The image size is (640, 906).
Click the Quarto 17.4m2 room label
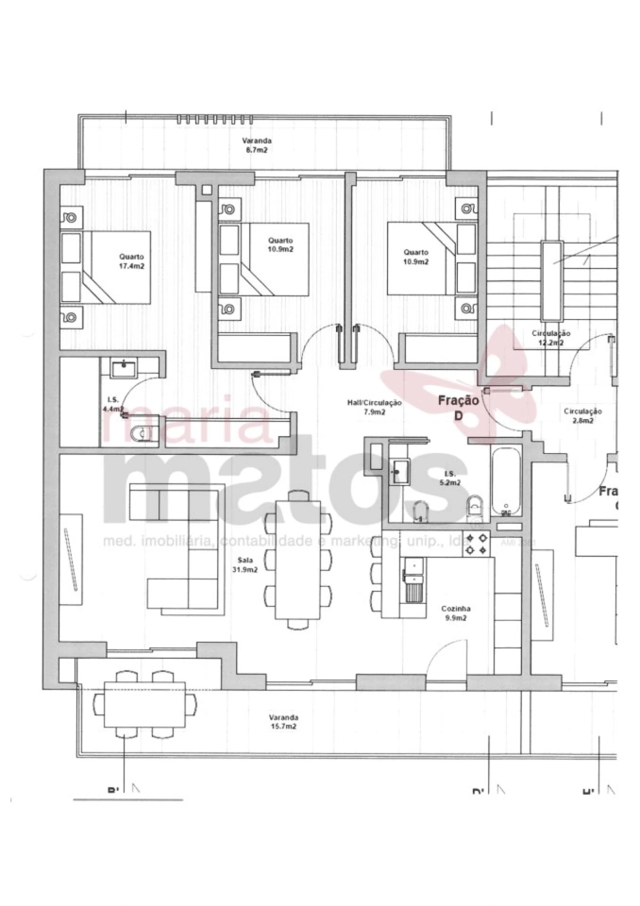point(131,261)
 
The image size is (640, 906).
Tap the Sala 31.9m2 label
point(245,565)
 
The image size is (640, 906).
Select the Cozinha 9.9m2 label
point(455,613)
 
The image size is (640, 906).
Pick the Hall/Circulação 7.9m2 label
point(374,407)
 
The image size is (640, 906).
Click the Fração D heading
point(458,407)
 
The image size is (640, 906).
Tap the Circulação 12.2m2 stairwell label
point(551,338)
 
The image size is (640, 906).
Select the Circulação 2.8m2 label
point(582,415)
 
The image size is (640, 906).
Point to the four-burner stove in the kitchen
point(476,544)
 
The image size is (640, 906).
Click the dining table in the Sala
point(298,559)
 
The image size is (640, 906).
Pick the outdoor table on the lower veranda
point(144,704)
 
